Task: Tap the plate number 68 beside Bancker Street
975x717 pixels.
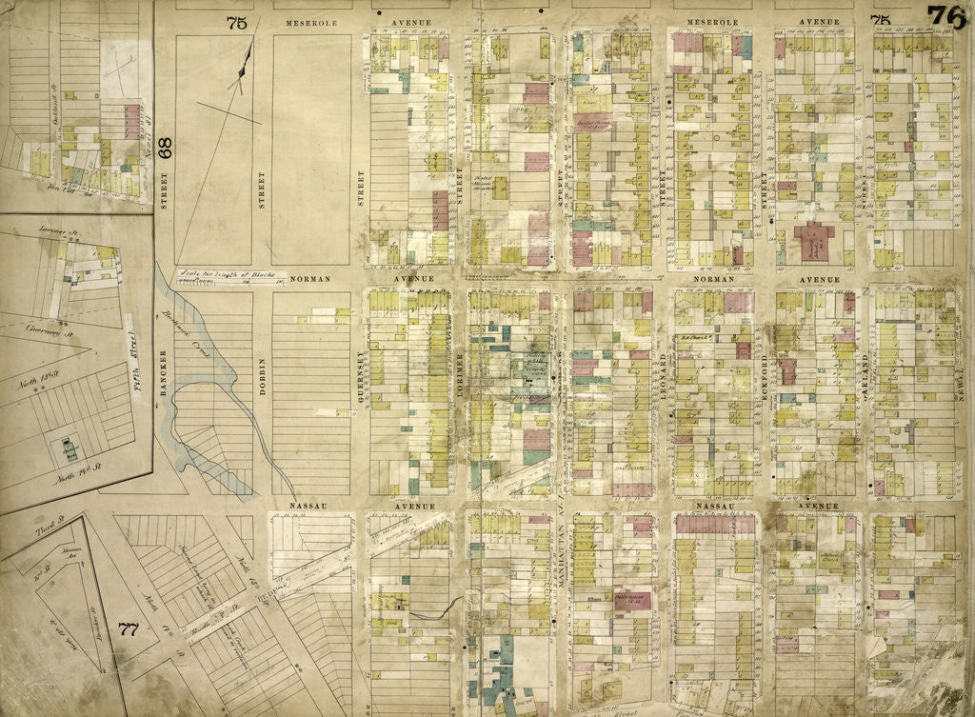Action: tap(165, 148)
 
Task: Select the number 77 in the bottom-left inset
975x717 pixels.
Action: tap(129, 628)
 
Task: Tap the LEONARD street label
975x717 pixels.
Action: tap(661, 370)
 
